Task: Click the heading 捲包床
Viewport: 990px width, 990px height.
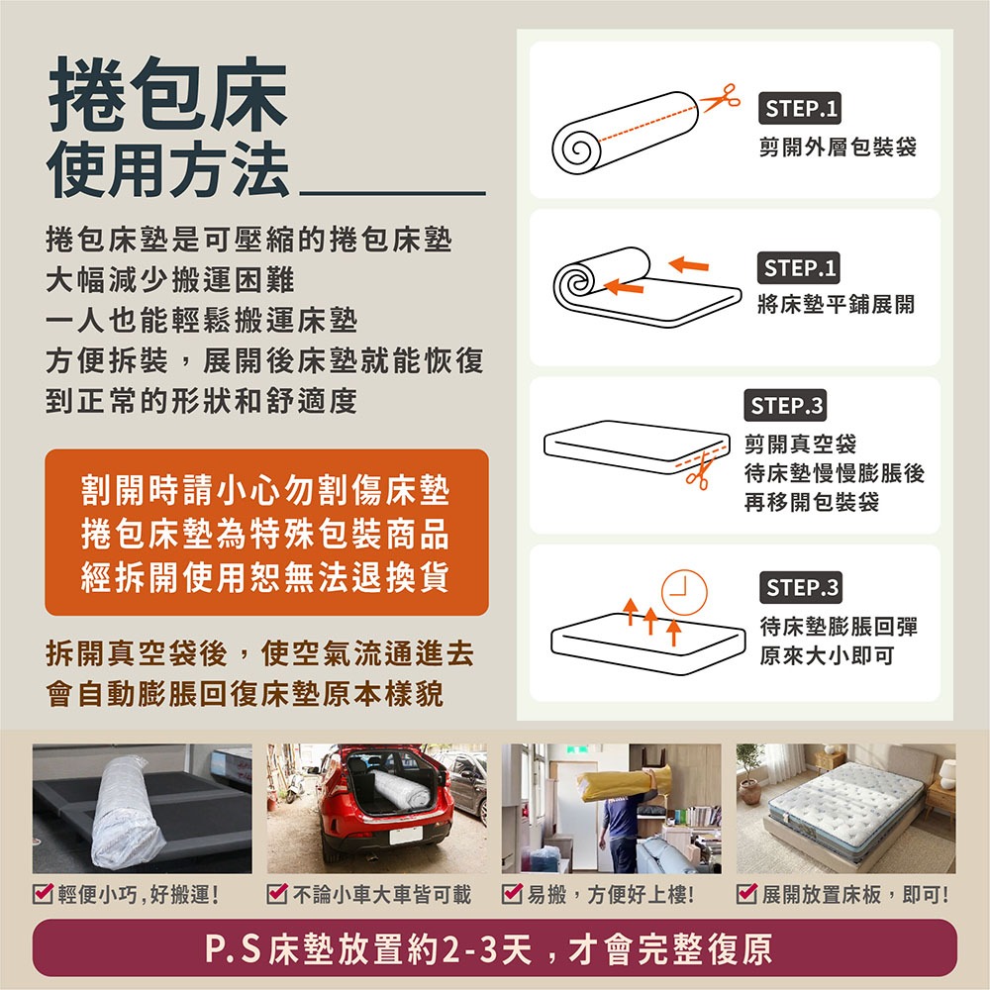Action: click(168, 94)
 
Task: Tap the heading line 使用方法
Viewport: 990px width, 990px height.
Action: click(168, 168)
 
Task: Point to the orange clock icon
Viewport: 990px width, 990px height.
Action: click(684, 592)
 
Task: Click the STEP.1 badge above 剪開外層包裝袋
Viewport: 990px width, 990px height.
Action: click(799, 108)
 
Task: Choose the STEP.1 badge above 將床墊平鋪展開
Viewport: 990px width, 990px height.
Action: click(798, 267)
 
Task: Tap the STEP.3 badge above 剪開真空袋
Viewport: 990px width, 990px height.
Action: click(785, 405)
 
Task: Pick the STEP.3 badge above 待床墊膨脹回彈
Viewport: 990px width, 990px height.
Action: click(801, 587)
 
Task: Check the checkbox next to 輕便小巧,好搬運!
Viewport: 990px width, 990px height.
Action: click(43, 893)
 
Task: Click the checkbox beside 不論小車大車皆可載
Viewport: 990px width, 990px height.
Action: click(277, 893)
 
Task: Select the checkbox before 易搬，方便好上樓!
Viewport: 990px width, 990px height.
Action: click(512, 893)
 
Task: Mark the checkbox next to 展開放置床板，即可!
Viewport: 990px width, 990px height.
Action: click(746, 893)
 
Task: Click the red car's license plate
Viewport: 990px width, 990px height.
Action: click(405, 836)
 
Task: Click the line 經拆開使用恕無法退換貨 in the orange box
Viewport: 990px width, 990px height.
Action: click(265, 576)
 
